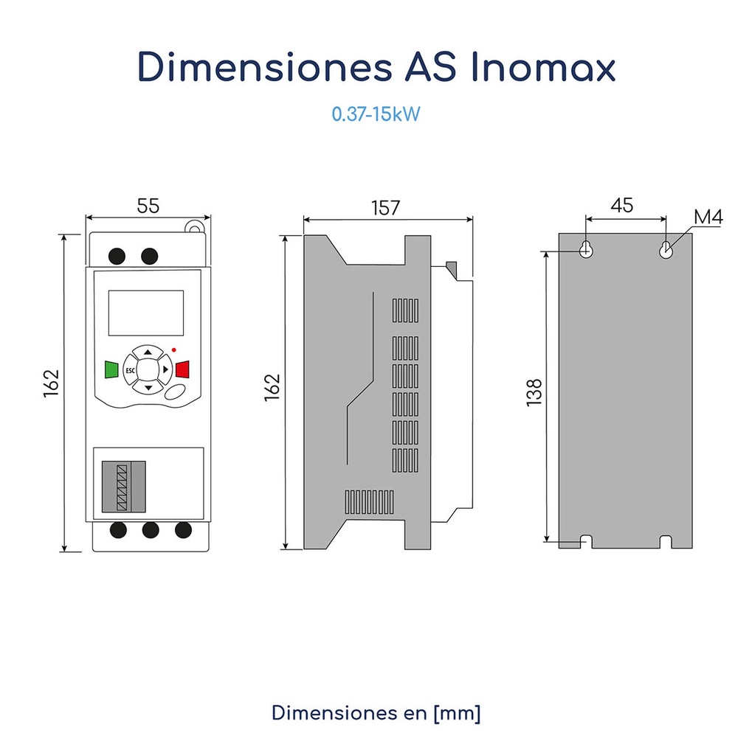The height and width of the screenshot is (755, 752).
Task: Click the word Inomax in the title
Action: click(x=542, y=68)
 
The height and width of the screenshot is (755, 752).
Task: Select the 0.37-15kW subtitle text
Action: click(x=376, y=115)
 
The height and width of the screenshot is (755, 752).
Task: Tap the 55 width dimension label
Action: click(x=148, y=206)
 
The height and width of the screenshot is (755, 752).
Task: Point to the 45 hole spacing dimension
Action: click(x=621, y=205)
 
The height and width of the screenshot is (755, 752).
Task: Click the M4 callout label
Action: click(x=708, y=217)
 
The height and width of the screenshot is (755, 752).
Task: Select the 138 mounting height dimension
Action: click(x=534, y=392)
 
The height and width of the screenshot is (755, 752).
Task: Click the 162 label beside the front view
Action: click(x=51, y=383)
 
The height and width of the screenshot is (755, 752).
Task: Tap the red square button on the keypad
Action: click(x=182, y=369)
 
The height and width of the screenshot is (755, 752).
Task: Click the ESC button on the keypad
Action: click(x=130, y=369)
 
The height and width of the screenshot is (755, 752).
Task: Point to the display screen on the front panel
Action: click(x=145, y=313)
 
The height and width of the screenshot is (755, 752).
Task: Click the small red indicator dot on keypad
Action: click(x=173, y=349)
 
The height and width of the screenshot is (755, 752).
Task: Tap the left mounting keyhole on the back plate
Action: click(x=586, y=249)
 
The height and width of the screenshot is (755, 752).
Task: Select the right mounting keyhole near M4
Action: click(x=666, y=249)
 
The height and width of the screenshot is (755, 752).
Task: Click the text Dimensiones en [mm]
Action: click(x=376, y=713)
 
